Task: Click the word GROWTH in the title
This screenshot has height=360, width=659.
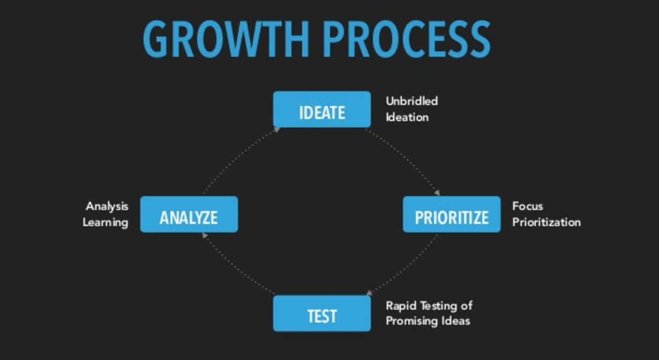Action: [x=226, y=39]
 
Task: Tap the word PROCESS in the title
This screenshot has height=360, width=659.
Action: [x=407, y=39]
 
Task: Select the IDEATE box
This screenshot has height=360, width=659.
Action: [x=322, y=109]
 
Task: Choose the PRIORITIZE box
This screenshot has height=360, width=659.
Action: [x=452, y=214]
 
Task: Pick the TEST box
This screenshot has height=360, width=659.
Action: [x=322, y=313]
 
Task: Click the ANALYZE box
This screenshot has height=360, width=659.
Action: [x=189, y=214]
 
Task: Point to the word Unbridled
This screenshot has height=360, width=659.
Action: [x=412, y=101]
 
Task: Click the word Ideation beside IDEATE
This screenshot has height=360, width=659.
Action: [x=407, y=117]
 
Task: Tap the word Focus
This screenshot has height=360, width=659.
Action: [x=528, y=206]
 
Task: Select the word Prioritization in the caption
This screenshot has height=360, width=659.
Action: [x=546, y=222]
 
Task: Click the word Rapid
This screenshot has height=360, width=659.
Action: [x=401, y=306]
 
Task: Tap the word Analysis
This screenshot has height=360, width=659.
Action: [x=107, y=206]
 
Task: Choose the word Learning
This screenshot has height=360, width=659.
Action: [x=106, y=223]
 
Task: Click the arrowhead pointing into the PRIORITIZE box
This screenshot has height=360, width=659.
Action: [x=437, y=193]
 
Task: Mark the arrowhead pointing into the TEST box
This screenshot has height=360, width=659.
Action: [x=370, y=292]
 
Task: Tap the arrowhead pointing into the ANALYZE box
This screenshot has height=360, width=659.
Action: [x=205, y=235]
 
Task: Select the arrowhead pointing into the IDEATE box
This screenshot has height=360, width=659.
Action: [x=276, y=130]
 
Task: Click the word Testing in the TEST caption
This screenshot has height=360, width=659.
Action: [x=438, y=306]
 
